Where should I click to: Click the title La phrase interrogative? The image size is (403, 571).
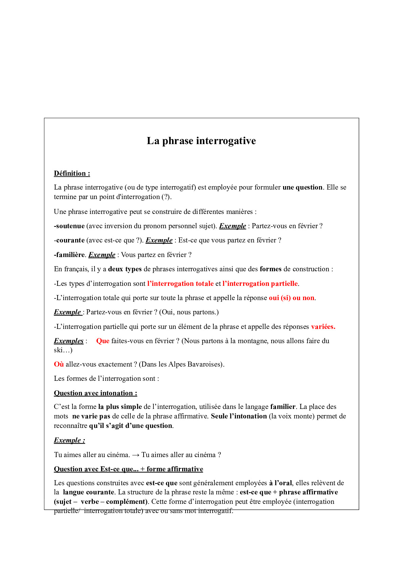point(201,141)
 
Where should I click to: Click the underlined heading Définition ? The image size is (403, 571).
point(72,173)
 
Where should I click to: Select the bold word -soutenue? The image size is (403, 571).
point(69,226)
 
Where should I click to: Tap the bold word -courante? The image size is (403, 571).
point(69,240)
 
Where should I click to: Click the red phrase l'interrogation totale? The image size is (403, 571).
point(180,283)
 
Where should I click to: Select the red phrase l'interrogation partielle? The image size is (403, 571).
point(260,283)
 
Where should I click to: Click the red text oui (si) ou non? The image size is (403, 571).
point(291,298)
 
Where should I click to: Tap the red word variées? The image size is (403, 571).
point(323,327)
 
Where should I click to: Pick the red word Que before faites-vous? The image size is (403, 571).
point(103,341)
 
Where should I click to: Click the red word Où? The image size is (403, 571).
point(59,365)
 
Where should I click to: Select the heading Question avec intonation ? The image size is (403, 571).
point(95,393)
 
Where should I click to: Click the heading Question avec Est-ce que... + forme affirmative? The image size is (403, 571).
point(128,469)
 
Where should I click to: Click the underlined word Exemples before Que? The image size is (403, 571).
point(69,341)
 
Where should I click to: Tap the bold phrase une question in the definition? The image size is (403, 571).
point(302,188)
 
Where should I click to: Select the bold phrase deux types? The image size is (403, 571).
point(125,269)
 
